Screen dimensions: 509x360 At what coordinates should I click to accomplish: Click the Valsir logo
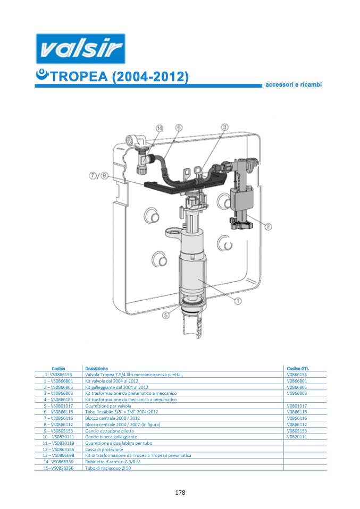pyautogui.click(x=80, y=49)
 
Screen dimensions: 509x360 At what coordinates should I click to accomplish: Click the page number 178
pyautogui.click(x=180, y=493)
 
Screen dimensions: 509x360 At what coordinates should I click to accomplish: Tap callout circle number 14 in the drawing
pyautogui.click(x=160, y=128)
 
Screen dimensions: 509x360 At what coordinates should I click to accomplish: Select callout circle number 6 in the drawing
pyautogui.click(x=179, y=128)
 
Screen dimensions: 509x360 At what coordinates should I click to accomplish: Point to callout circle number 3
pyautogui.click(x=225, y=127)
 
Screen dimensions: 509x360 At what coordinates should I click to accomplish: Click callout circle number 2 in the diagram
pyautogui.click(x=269, y=227)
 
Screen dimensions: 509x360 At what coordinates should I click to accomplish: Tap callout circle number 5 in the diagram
pyautogui.click(x=166, y=315)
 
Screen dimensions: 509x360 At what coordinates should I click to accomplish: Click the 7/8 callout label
pyautogui.click(x=98, y=175)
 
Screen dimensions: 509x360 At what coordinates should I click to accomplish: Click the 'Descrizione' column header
pyautogui.click(x=96, y=368)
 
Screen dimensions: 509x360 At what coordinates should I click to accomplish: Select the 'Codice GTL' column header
pyautogui.click(x=298, y=368)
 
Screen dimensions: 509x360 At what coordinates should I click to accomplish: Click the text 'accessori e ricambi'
pyautogui.click(x=294, y=84)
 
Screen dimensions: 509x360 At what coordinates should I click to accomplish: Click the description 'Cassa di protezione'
pyautogui.click(x=104, y=449)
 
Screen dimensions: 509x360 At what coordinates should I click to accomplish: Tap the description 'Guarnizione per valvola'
pyautogui.click(x=108, y=406)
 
